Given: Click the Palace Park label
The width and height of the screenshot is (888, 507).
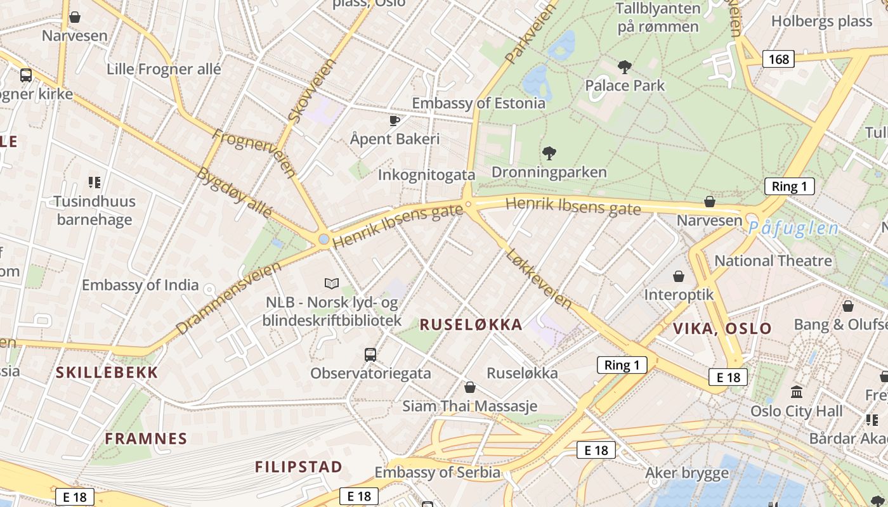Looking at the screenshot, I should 625,86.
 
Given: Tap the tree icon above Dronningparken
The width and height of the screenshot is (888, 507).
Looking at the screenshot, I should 549,153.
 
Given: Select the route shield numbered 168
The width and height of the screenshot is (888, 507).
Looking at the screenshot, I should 778,59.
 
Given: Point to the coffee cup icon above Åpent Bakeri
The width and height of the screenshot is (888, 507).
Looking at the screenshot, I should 395,120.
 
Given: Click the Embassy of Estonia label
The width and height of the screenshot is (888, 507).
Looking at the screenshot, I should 478,103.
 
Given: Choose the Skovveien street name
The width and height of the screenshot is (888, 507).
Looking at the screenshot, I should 310,91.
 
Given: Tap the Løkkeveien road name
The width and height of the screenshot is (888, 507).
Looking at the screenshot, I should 539,278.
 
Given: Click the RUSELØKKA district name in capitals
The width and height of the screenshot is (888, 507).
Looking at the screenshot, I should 471,325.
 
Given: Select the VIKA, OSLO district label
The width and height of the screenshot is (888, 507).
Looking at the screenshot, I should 722,329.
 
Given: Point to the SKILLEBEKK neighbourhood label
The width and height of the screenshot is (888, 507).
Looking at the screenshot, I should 107,373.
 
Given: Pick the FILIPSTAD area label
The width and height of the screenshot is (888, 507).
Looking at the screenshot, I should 299,467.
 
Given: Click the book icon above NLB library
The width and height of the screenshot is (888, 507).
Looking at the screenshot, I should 331,283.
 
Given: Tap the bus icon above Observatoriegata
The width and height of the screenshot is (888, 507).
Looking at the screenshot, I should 370,354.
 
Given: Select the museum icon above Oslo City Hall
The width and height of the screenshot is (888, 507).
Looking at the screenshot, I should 797,391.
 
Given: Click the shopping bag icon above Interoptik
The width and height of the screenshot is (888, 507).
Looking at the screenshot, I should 679,276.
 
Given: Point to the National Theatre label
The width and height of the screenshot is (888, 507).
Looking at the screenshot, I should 773,260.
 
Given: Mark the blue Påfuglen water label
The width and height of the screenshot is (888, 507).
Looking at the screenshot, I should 793,228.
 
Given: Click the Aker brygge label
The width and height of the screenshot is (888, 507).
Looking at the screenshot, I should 687,473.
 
